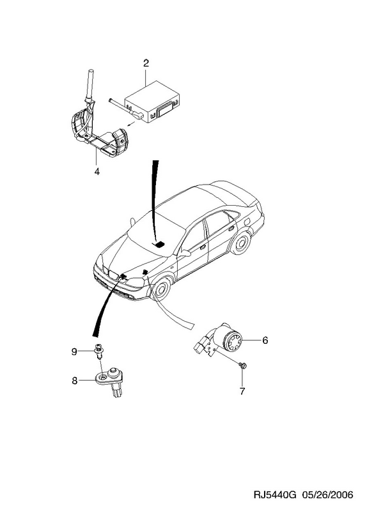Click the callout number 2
point(146,63)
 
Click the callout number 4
point(97,171)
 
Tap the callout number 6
point(265,340)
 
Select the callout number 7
point(242,391)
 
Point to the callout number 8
point(75,381)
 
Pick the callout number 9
point(74,352)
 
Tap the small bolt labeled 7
point(242,365)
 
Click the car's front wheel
point(160,289)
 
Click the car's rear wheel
point(241,244)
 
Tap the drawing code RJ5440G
point(275,495)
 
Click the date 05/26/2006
point(327,495)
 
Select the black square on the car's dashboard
point(159,245)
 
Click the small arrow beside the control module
point(130,123)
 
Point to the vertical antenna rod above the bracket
point(90,86)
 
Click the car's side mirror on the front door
point(185,253)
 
